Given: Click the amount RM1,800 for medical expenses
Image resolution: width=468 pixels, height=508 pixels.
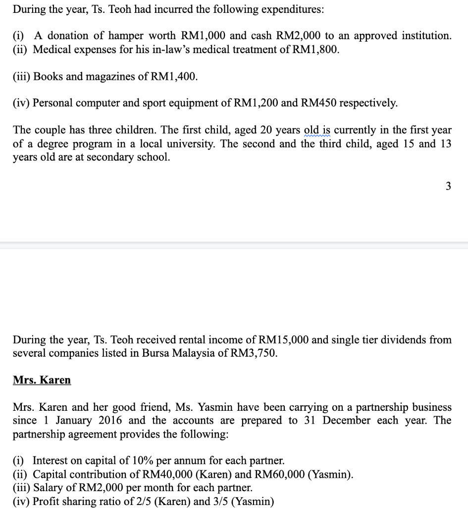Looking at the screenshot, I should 317,50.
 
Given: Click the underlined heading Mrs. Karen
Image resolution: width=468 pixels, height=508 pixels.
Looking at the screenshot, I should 42,380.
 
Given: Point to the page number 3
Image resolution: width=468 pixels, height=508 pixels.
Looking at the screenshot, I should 448,186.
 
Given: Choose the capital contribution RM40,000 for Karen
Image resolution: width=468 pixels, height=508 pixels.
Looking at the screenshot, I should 166,474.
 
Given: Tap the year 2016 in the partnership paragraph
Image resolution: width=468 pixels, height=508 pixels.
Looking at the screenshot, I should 110,420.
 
